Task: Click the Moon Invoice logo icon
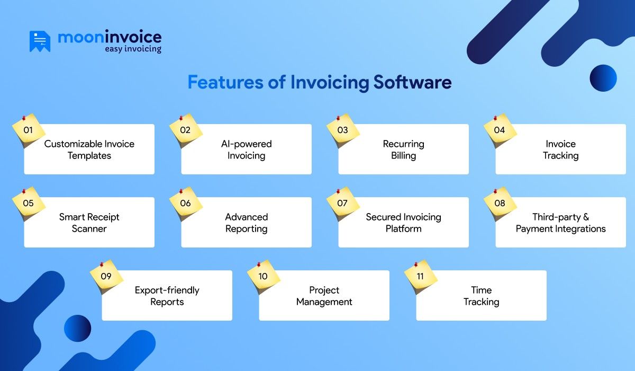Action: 40,41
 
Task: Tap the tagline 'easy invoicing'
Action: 133,49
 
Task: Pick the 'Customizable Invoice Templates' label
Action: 89,149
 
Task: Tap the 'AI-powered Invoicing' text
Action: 246,149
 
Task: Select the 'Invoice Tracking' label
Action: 560,149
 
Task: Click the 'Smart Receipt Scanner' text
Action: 89,223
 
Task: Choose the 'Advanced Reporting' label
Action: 246,223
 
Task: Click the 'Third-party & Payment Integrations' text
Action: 560,223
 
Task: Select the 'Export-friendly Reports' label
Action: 167,296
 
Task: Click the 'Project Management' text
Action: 324,296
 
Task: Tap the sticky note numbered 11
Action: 421,276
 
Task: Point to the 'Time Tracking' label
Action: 481,296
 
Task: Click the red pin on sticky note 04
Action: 495,118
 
